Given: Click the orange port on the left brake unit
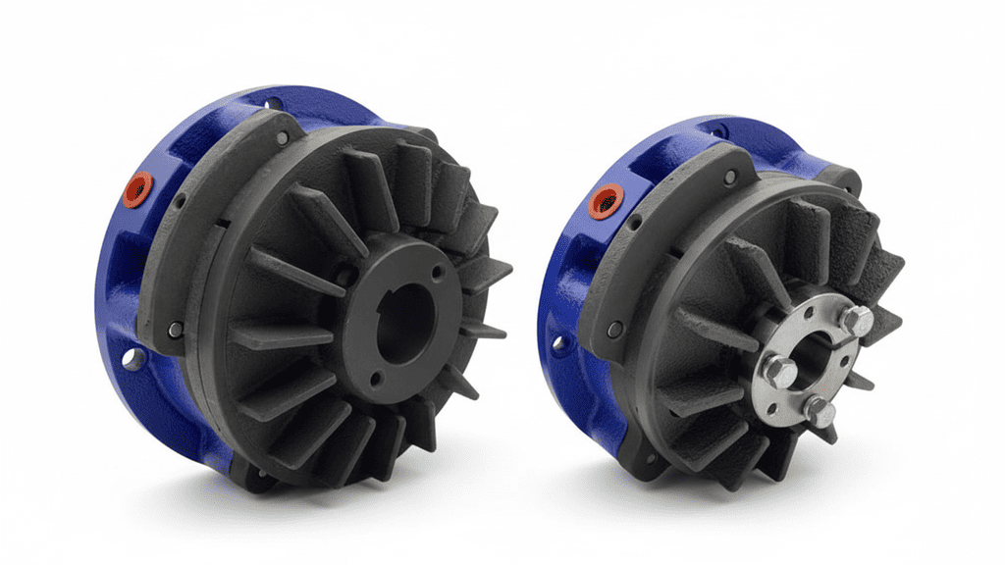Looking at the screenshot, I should (137, 187).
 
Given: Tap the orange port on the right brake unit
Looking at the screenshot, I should (603, 203).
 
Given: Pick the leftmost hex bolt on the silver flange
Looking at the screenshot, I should (781, 371).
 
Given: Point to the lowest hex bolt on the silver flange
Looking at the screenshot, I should (819, 412).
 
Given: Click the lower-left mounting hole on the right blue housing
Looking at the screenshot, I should (559, 343).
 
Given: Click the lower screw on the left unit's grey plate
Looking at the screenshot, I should (175, 330).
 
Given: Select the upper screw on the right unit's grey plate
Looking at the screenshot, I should (729, 177).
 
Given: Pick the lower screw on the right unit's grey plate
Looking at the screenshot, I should (614, 330).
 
